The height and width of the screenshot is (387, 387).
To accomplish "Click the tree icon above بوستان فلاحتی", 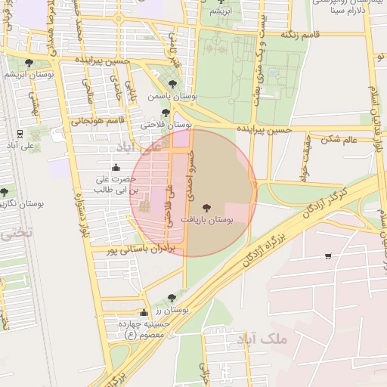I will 166,113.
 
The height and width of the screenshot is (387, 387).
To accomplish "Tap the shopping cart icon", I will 327,256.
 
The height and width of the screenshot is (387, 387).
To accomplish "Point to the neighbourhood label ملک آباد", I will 263,339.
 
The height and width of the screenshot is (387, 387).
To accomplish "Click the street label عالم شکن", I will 339,138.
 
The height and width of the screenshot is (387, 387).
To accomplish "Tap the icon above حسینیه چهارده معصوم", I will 144,312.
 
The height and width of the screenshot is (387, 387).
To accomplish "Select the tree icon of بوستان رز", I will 171,298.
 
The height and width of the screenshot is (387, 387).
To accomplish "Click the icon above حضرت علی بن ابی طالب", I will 116,167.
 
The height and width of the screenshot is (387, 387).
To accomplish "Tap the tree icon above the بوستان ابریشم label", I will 29,63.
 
